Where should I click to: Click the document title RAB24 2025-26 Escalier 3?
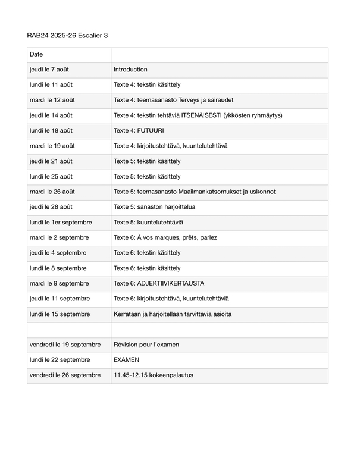pos(67,36)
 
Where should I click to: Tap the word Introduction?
pos(130,70)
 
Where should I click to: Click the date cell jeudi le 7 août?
pos(49,70)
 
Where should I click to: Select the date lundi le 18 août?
pos(51,131)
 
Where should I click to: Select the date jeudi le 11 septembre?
pos(60,299)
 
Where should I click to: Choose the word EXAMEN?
pos(126,360)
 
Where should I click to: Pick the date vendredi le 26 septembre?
pos(65,375)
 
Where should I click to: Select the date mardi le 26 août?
pos(51,192)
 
